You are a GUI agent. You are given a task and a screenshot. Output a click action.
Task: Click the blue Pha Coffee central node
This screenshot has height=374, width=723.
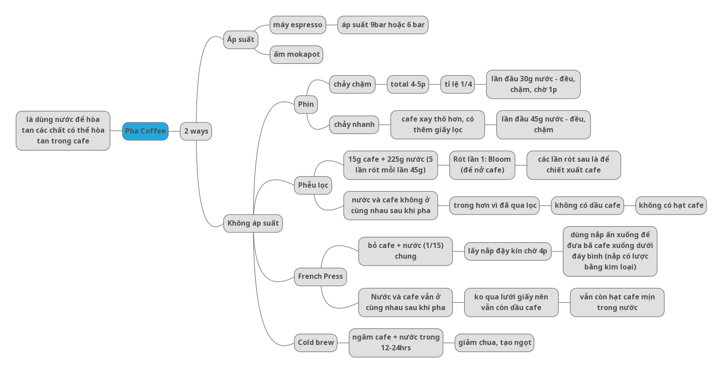pos(145,131)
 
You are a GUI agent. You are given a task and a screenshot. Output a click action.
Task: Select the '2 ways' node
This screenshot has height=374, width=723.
pos(196,131)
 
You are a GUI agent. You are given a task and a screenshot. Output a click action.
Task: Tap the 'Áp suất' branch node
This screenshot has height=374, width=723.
pos(241,40)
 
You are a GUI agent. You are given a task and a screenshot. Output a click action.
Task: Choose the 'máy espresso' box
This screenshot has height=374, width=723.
pos(298,25)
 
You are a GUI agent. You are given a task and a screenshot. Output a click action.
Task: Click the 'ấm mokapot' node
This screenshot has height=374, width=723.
pos(296,55)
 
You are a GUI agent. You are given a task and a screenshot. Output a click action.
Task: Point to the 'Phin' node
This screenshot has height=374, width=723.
pos(306,105)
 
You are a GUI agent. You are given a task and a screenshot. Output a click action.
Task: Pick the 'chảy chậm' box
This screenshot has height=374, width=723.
pos(352,84)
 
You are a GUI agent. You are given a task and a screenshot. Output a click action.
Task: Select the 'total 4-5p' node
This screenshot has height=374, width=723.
pos(408,84)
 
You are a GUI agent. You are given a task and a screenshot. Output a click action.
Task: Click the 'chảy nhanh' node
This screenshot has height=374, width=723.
pos(354,125)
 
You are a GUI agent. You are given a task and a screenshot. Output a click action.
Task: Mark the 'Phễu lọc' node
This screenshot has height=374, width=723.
pos(313,185)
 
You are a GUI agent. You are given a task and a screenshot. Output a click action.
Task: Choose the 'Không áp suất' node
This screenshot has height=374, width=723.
pos(253,223)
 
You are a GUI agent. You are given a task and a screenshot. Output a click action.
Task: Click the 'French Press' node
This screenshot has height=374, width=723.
pos(320,277)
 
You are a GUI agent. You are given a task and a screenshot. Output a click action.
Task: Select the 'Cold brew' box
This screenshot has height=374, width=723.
pos(316,343)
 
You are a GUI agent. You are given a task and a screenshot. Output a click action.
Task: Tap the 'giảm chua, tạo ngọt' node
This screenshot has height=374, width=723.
pos(495,343)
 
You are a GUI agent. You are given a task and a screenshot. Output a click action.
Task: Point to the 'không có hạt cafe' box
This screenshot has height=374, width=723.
pos(671,206)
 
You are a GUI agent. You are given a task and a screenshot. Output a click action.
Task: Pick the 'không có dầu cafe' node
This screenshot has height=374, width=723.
pos(588,206)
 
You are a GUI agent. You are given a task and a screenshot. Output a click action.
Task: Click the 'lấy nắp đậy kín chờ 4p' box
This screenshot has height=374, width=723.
pos(507,251)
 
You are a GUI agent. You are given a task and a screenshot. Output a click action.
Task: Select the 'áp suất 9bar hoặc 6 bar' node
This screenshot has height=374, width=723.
pos(383,25)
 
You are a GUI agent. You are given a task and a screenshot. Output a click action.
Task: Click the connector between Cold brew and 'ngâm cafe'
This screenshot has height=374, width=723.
pos(343,343)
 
